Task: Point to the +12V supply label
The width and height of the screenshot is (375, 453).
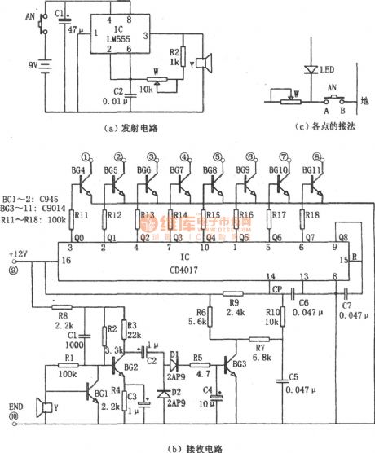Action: tap(17, 253)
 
